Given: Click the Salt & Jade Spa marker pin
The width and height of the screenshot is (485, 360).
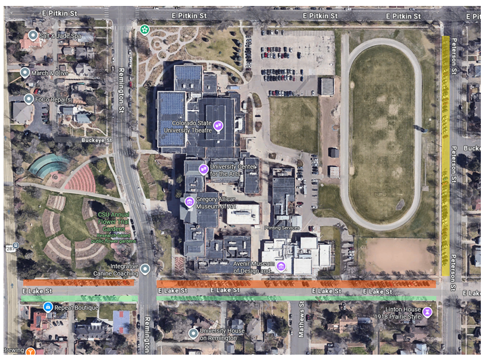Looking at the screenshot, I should pos(33,36).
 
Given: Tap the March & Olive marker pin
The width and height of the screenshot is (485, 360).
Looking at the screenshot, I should pos(25,73).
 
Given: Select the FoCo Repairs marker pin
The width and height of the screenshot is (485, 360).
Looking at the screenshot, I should pos(29,99).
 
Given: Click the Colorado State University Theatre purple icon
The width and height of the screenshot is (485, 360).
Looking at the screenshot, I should pos(218,125).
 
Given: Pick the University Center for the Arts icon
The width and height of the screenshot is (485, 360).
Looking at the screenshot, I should pos(204,169).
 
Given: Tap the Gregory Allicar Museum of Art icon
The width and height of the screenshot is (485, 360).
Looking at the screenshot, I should pos(190,201).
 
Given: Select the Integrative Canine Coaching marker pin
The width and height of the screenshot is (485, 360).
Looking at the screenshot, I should pos(145,270).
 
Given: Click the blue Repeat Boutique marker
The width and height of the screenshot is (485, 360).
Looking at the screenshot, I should pos(48,307).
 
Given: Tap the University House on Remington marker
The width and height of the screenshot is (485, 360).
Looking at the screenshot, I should pos(193,333).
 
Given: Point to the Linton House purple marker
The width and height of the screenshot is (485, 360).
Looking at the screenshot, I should pos(427,311).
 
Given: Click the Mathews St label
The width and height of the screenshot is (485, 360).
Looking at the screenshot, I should pos(300,324).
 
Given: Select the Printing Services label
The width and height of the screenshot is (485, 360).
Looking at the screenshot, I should pos(281,227).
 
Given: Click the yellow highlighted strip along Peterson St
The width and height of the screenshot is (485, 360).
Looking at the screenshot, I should pos(446,155).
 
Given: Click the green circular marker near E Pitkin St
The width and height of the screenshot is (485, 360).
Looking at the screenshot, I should pos(144,29).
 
